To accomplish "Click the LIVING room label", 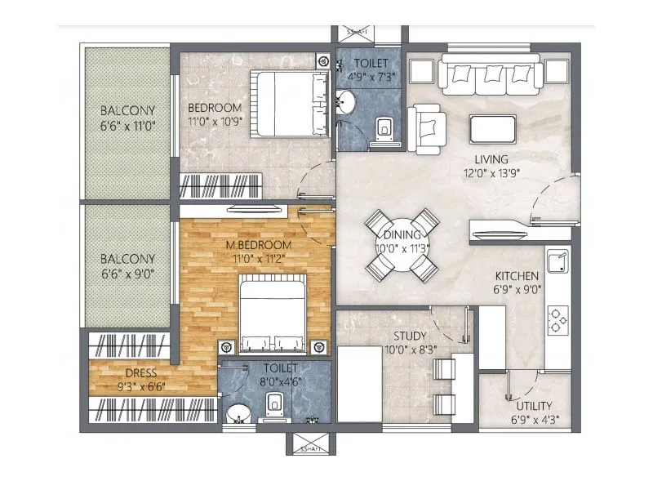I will click(492, 158).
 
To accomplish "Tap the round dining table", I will click(402, 244).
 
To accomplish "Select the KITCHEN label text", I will click(515, 276).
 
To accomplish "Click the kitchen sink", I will click(559, 263).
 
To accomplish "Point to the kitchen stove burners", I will click(558, 319).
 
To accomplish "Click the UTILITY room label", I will click(534, 406).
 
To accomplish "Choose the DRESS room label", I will click(128, 373).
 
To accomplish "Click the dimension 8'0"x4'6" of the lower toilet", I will click(274, 381).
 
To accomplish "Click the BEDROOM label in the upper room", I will click(214, 109).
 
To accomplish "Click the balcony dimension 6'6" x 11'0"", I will click(128, 126).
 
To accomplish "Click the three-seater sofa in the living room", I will click(488, 76).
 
